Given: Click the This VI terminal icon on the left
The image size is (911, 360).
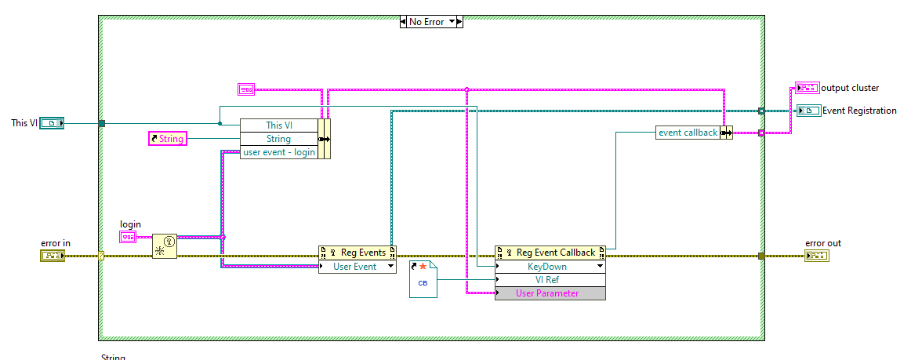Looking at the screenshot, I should coord(52,123).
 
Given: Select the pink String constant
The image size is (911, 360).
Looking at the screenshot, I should coord(167,139).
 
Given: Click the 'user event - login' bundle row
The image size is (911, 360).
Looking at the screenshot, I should coord(279,152).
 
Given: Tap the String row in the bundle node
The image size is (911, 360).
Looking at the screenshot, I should coord(279,139).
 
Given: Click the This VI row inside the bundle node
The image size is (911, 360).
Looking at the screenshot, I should coord(279,125).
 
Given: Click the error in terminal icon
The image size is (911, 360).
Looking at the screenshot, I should coord(53,256).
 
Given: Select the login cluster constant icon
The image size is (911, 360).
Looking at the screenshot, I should coord(128,237).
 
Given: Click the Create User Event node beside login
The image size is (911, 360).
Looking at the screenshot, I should coord(164,246).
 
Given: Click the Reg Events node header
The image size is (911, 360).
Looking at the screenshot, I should coord(358,253).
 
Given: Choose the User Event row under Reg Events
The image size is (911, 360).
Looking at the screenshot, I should coord(354,267).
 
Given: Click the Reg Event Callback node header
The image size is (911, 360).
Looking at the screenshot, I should coord(550,253).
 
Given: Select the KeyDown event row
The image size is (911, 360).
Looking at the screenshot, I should coord(546,267).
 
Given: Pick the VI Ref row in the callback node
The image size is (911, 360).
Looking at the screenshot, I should coord(546,280).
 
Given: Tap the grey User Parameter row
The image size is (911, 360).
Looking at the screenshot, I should coord(546,293).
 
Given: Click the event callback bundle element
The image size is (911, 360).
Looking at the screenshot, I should coord(688,133).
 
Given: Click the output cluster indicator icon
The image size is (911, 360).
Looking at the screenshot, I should coord(807,88).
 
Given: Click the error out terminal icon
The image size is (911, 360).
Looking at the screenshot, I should coord(816,256).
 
